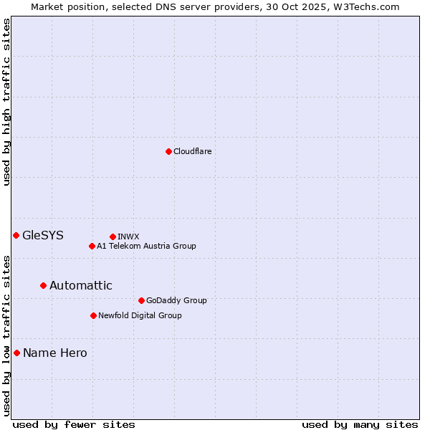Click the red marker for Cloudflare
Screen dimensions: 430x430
[168, 151]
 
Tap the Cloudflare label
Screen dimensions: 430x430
[192, 151]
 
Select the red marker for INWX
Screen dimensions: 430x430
[113, 236]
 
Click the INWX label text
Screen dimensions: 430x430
[128, 236]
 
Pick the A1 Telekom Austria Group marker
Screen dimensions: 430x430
[92, 246]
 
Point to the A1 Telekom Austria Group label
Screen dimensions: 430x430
[146, 246]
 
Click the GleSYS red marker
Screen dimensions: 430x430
[16, 235]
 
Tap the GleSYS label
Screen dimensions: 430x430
[43, 235]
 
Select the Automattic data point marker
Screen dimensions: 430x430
[43, 285]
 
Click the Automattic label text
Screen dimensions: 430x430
[80, 285]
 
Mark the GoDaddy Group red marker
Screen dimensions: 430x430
[141, 300]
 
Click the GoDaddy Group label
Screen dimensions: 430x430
[176, 300]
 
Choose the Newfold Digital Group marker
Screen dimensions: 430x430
[93, 315]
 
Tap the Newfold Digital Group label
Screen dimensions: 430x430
[140, 315]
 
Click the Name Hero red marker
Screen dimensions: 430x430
[16, 353]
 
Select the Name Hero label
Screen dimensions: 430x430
[54, 353]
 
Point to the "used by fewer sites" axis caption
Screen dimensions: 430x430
[74, 424]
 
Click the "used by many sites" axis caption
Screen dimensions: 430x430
[360, 424]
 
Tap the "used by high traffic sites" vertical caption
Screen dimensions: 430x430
[6, 102]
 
